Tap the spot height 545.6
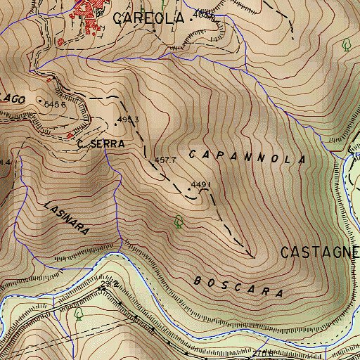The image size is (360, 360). point(55,104)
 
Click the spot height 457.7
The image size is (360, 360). point(165,160)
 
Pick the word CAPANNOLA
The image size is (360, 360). point(247,156)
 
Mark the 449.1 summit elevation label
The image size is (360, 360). point(201,186)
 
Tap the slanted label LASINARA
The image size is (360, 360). point(66,219)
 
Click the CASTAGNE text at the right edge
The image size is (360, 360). point(320,252)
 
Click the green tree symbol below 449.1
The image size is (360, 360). point(179,221)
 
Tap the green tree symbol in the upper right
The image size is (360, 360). point(346,46)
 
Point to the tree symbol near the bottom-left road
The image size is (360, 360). point(79,314)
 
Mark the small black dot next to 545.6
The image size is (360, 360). point(39,100)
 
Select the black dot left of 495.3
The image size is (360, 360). point(116,123)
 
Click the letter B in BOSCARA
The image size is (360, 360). point(195,279)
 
